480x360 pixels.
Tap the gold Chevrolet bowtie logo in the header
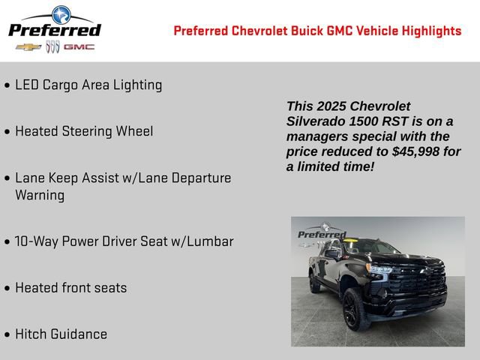(x=28, y=47)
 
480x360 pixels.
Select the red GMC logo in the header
(x=79, y=47)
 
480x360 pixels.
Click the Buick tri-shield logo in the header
(x=52, y=47)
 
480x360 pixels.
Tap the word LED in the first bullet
(x=28, y=85)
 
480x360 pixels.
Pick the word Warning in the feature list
(x=40, y=195)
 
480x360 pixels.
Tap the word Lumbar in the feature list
(x=210, y=241)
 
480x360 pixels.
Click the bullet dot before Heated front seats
(x=7, y=288)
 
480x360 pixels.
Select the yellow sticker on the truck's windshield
(x=348, y=241)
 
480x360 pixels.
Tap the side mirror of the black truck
(x=331, y=254)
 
